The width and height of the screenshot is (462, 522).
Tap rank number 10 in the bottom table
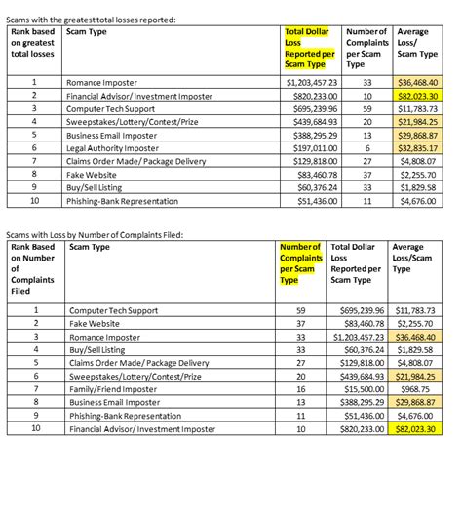point(35,427)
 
